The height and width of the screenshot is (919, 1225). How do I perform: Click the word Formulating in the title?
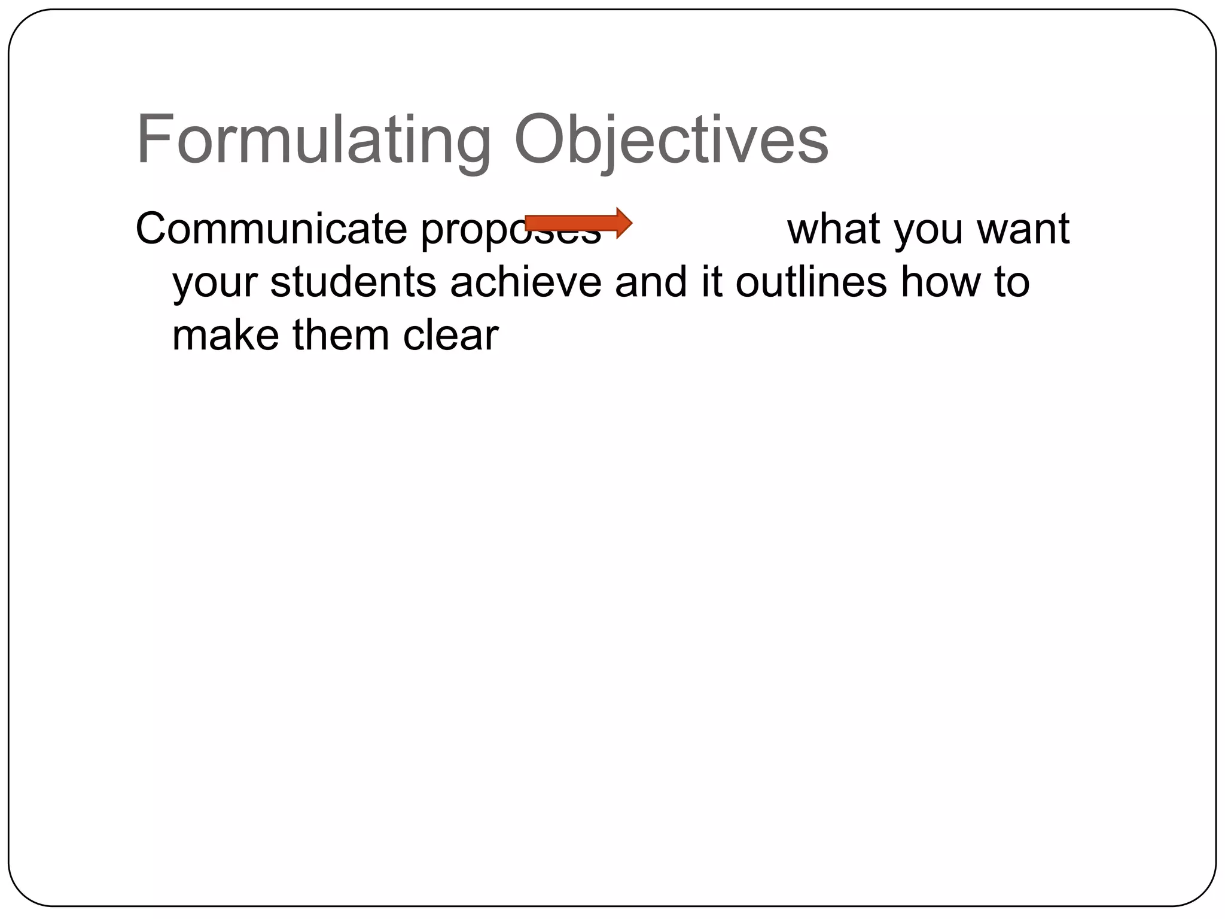click(x=313, y=141)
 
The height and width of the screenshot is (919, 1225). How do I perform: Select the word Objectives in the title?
click(x=671, y=141)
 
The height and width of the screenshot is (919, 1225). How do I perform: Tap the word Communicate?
click(x=271, y=229)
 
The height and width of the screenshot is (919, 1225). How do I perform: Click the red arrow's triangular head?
click(x=623, y=223)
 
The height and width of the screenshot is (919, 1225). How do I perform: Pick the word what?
click(x=834, y=229)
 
